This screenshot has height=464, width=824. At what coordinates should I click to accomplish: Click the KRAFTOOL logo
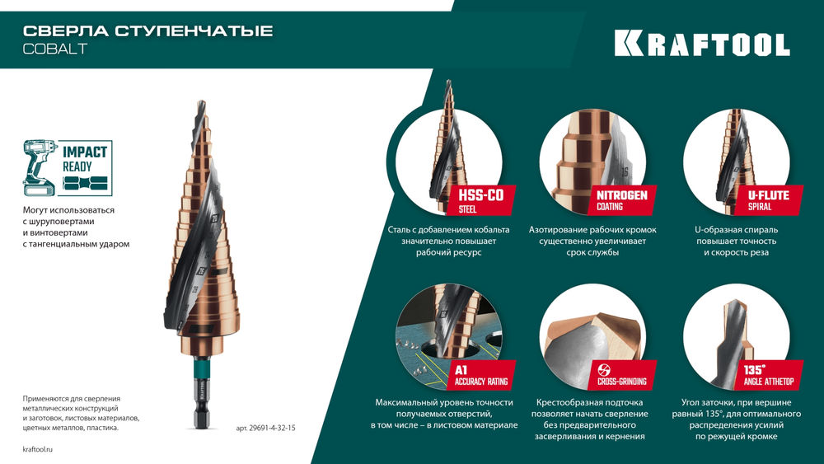702,44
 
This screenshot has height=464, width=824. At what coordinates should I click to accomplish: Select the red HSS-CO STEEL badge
483,199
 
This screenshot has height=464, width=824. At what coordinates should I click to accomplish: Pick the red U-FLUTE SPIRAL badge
759,199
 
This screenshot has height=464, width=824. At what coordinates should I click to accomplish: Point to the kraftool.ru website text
39,448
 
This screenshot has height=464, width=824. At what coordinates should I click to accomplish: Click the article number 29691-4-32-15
265,429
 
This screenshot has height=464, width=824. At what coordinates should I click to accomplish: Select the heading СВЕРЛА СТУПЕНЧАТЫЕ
147,31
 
